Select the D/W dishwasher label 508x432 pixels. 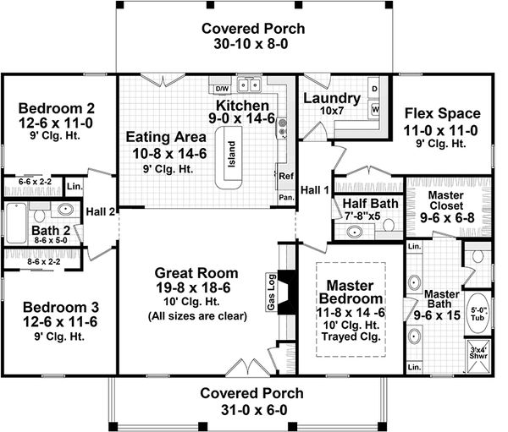click(x=222, y=88)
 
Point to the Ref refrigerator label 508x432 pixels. click(x=285, y=177)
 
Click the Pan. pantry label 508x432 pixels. click(x=285, y=197)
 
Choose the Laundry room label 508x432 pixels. click(x=331, y=98)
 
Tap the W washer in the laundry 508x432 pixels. click(x=375, y=110)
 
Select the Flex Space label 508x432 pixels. click(x=442, y=113)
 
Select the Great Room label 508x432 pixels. click(x=196, y=273)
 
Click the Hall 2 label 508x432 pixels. click(x=101, y=211)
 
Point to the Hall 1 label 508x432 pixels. click(x=316, y=189)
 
